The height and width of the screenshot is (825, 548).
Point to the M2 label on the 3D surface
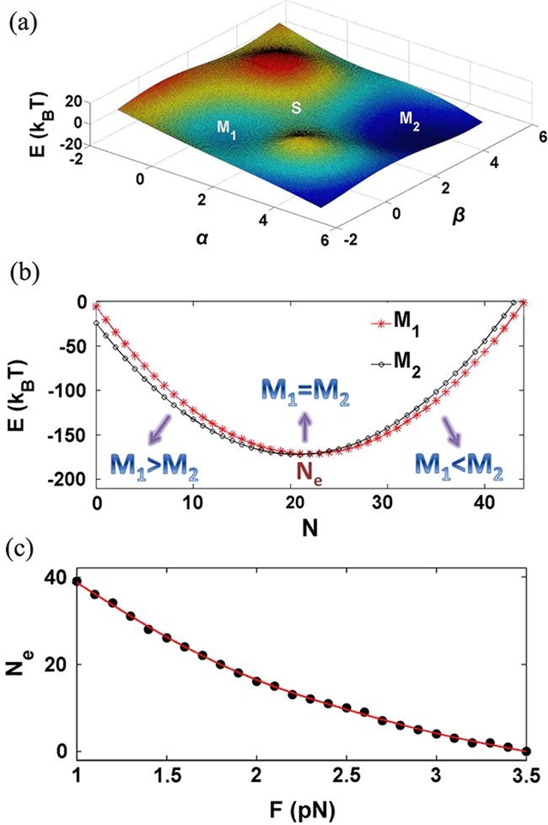tap(412, 118)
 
